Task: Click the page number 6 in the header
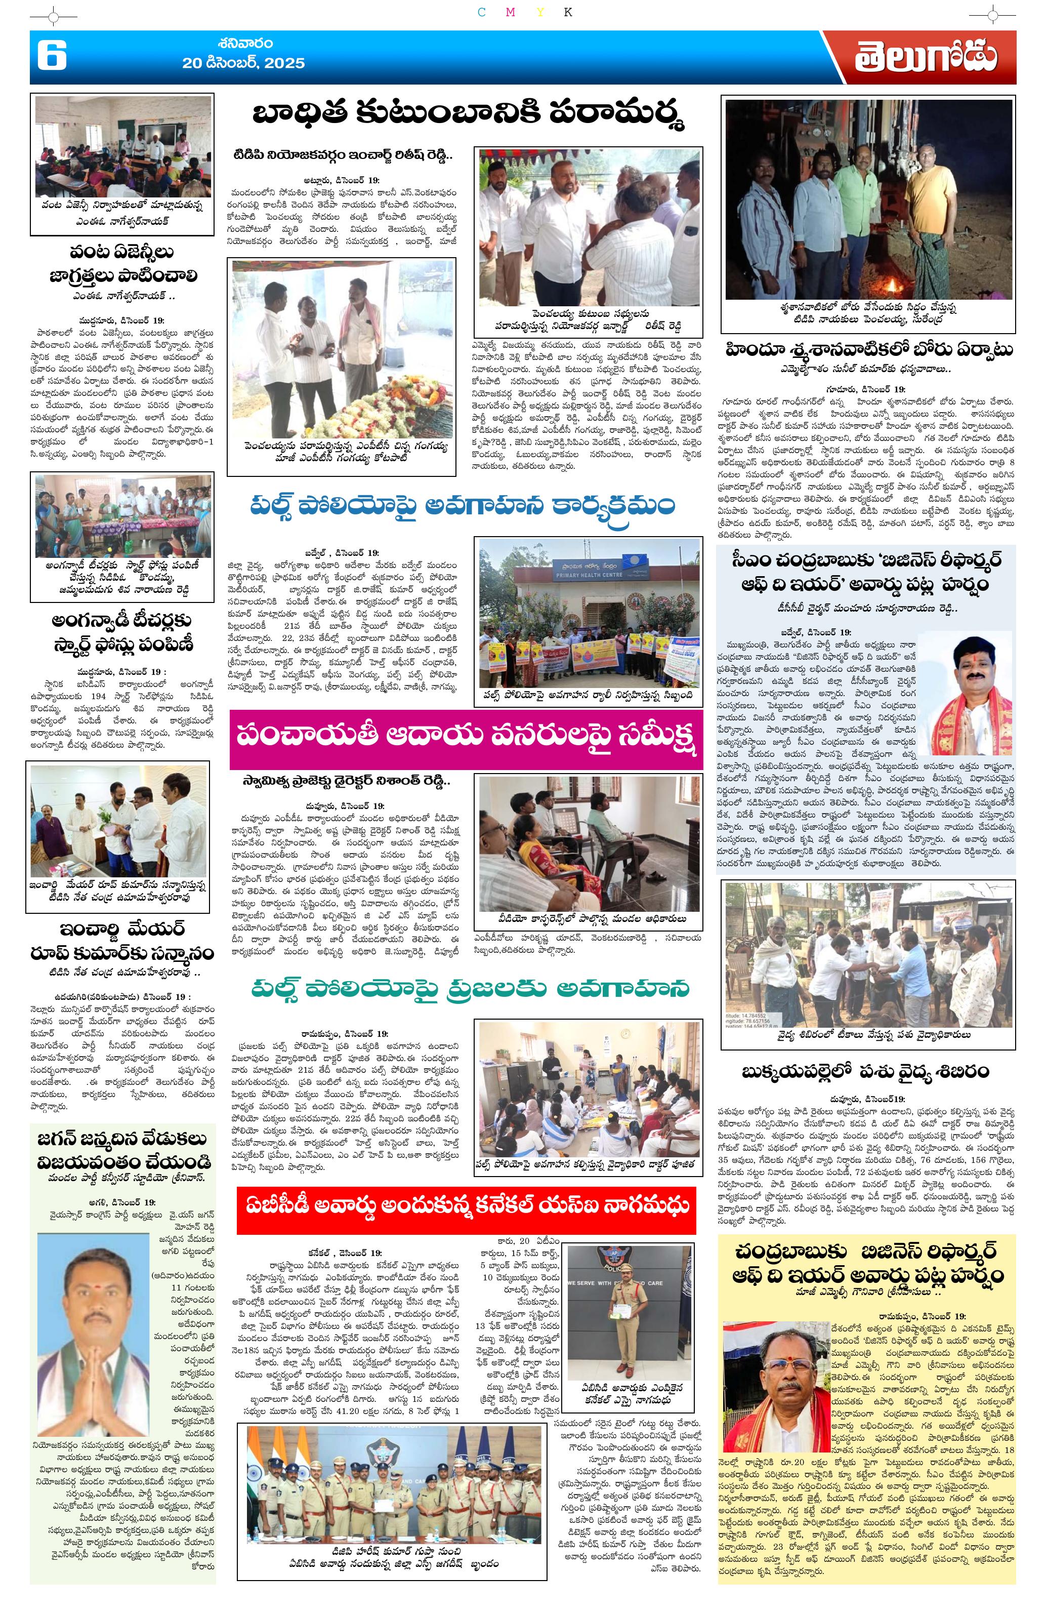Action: (52, 56)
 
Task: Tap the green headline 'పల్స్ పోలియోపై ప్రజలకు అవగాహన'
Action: (470, 989)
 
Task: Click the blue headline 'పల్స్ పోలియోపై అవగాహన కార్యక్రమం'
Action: (462, 507)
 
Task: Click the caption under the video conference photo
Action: (589, 919)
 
